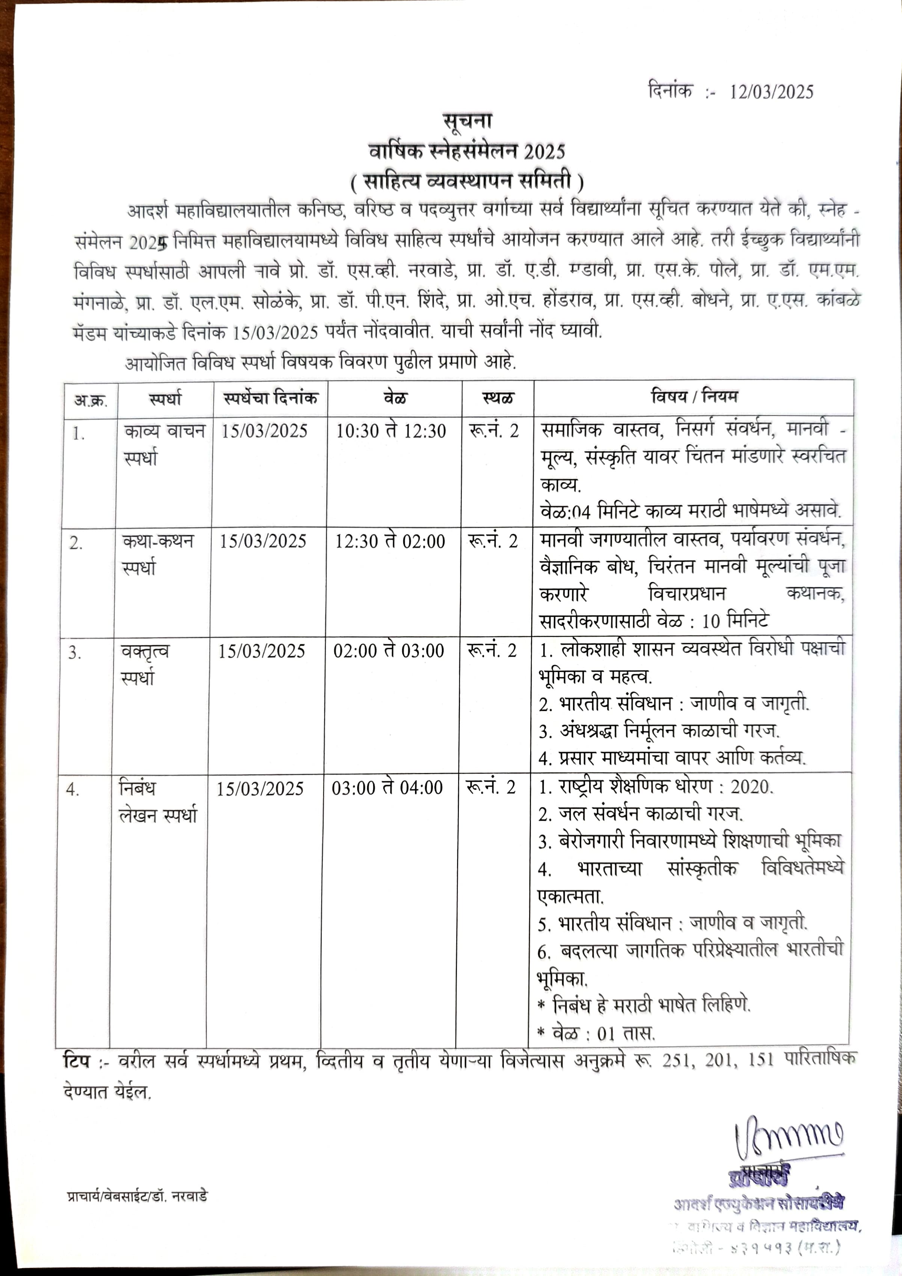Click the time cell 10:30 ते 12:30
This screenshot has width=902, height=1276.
click(x=391, y=431)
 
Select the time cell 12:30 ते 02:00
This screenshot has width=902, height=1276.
click(x=389, y=541)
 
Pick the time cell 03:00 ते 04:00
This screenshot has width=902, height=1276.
click(x=388, y=787)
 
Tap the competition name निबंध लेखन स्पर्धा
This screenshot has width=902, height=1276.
click(x=158, y=801)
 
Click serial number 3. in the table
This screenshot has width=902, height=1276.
click(x=75, y=653)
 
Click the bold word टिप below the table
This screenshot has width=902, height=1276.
click(x=76, y=1060)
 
